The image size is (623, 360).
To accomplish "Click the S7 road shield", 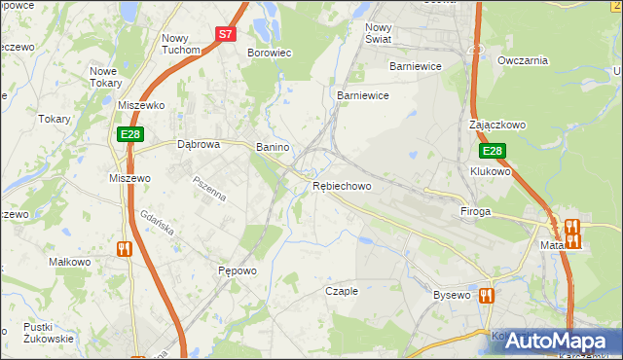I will (226, 33).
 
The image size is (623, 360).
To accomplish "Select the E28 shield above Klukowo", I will (493, 152).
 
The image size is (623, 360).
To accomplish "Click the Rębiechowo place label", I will (342, 185).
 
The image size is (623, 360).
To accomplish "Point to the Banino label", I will (273, 147).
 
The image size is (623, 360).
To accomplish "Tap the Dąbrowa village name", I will (199, 144).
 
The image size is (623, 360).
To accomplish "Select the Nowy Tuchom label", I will (181, 43).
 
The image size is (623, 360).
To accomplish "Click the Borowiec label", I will (271, 53).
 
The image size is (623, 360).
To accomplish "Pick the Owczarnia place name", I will (523, 60).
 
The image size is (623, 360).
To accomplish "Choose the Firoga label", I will (475, 211).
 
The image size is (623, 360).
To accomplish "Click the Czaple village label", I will (342, 291).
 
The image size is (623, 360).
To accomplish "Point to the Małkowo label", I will (69, 263).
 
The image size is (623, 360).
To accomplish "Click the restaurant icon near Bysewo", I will (486, 295).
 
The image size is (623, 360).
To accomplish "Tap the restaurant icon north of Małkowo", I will (124, 249).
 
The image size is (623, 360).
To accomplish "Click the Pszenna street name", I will (209, 189).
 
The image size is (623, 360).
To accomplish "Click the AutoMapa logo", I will (560, 341).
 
